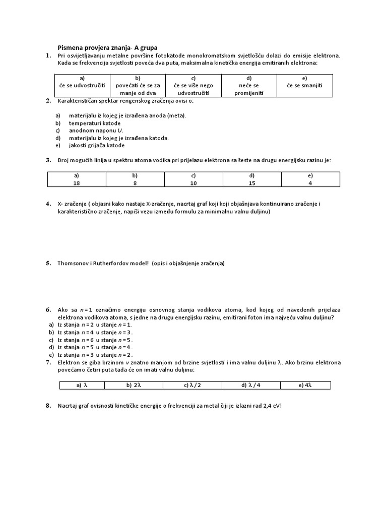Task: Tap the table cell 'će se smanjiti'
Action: pyautogui.click(x=304, y=86)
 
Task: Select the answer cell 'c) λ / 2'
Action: pyautogui.click(x=192, y=385)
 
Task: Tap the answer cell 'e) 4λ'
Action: pyautogui.click(x=305, y=385)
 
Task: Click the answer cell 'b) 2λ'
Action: pyautogui.click(x=133, y=385)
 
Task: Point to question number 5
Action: pyautogui.click(x=48, y=263)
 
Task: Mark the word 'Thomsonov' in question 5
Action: pyautogui.click(x=72, y=263)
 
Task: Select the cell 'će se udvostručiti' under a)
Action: pyautogui.click(x=82, y=86)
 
